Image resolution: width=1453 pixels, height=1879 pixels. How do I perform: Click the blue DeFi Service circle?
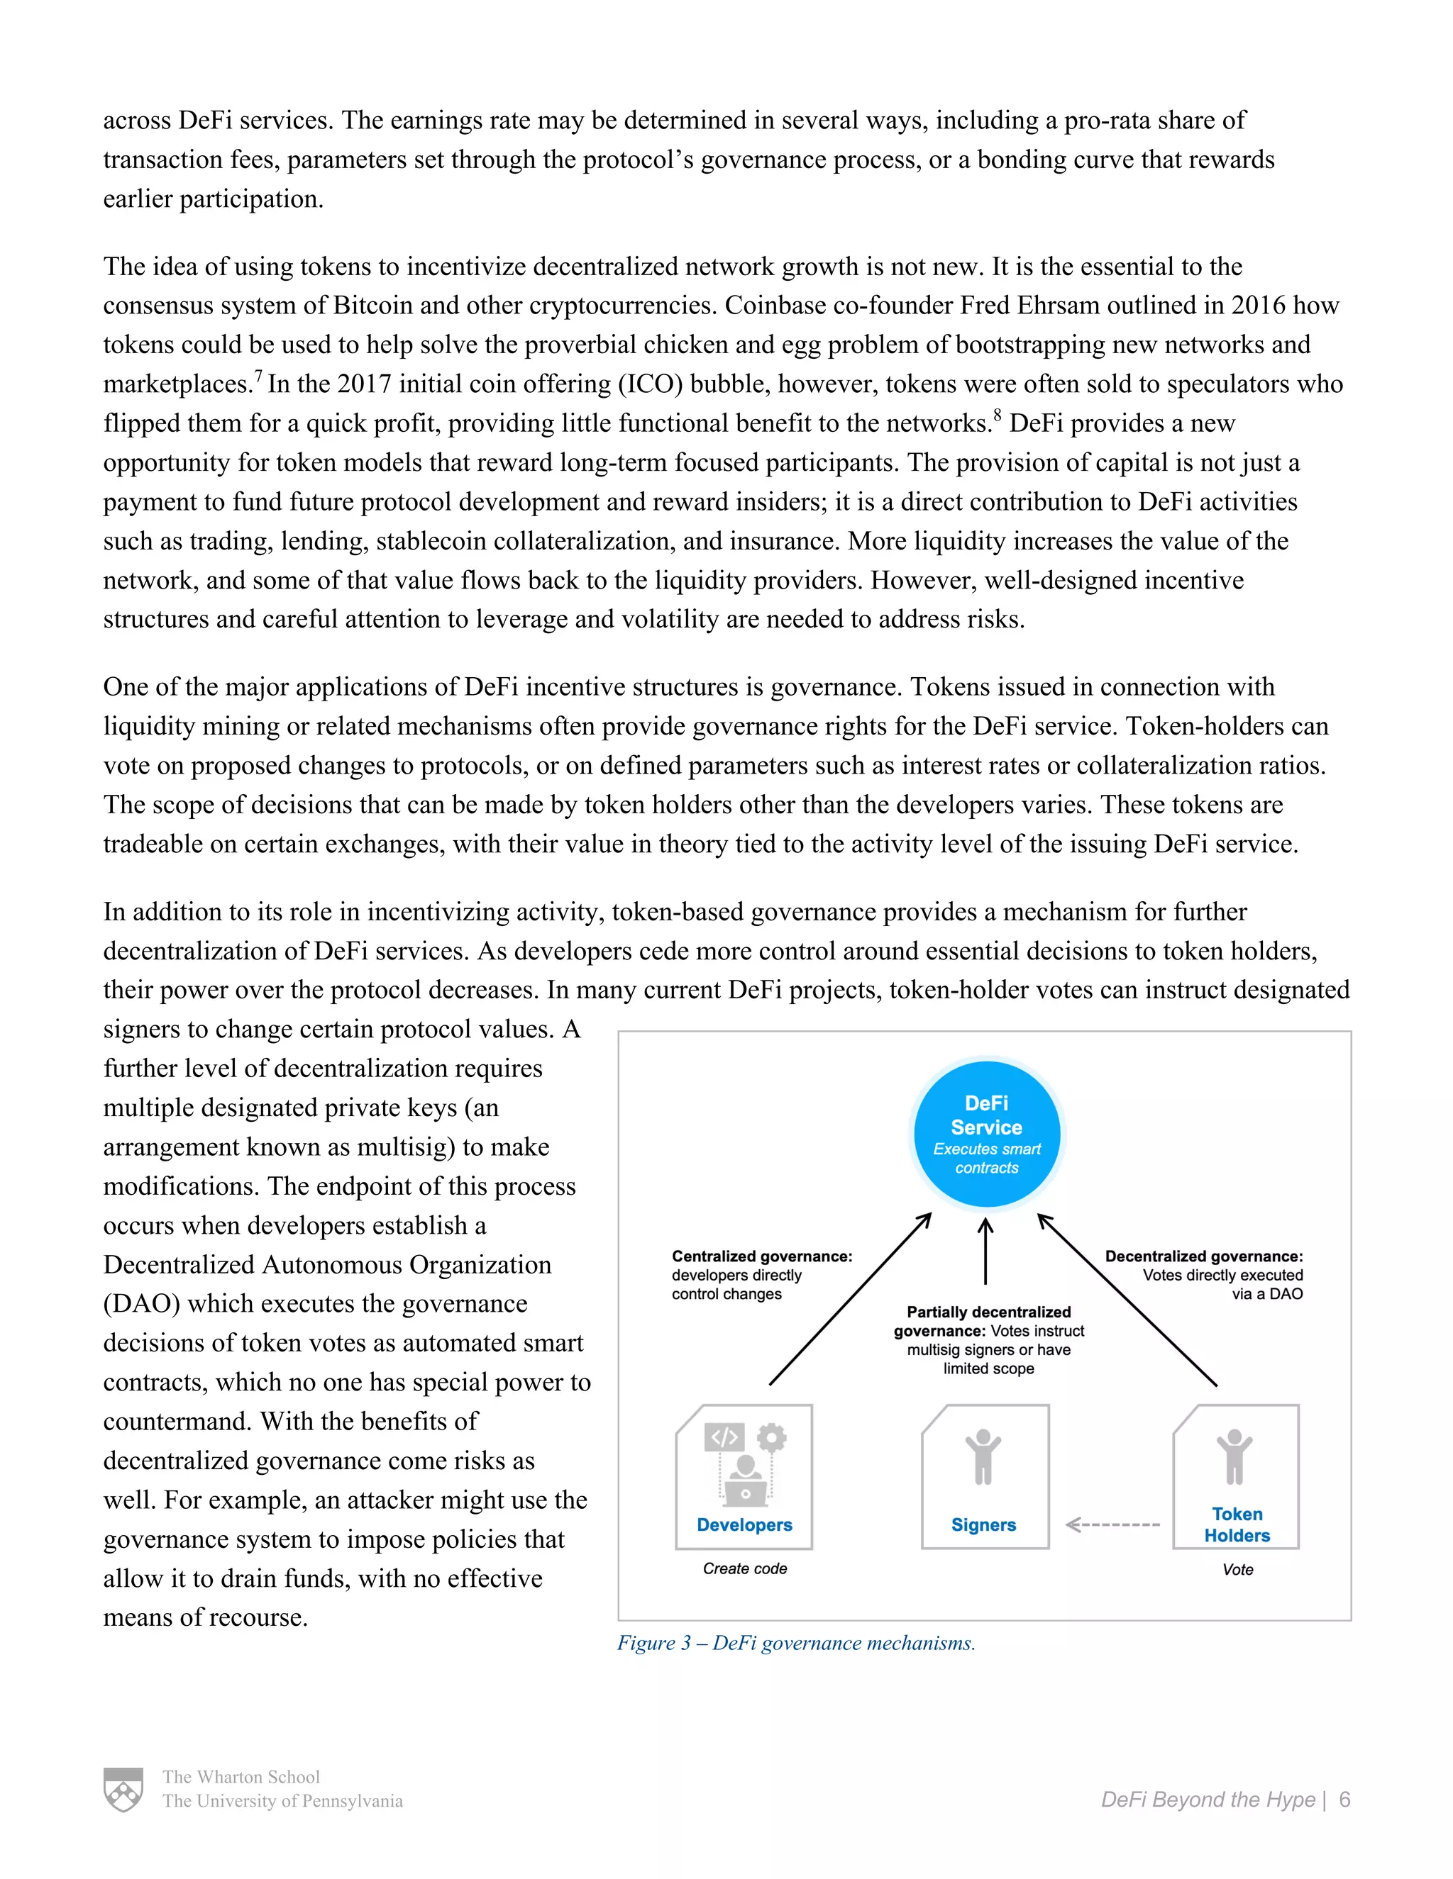[x=986, y=1134]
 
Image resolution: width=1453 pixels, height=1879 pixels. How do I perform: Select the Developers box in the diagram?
[x=744, y=1477]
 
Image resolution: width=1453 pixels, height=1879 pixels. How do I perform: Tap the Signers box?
[x=985, y=1477]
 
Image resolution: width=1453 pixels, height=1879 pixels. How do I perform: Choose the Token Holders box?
[x=1236, y=1477]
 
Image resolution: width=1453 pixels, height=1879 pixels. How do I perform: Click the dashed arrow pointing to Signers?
[x=1112, y=1524]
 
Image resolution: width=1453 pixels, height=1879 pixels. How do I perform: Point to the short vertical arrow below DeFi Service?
[x=985, y=1251]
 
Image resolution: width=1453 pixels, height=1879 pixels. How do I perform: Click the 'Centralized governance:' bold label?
[x=762, y=1256]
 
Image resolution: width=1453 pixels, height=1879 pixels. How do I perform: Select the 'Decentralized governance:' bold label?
[x=1203, y=1256]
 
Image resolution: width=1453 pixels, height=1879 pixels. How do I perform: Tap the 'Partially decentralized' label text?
[x=988, y=1312]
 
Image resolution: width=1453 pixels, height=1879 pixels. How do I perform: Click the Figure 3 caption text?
[x=796, y=1644]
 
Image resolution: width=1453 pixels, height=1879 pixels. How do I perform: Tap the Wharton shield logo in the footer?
[x=123, y=1790]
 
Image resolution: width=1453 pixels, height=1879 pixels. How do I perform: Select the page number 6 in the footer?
[x=1344, y=1800]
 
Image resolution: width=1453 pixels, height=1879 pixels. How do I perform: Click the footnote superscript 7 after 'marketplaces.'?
[x=258, y=376]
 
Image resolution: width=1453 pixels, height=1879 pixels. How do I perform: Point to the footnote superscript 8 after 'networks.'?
[x=998, y=416]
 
